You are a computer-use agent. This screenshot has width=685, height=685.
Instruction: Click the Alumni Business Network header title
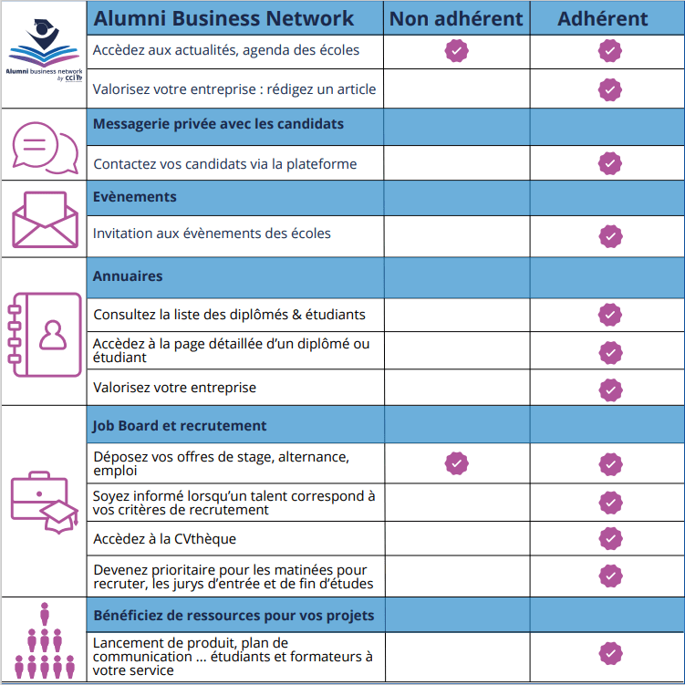point(223,18)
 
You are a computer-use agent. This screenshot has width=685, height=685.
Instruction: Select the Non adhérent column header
point(456,18)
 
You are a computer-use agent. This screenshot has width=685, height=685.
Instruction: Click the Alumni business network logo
point(43,50)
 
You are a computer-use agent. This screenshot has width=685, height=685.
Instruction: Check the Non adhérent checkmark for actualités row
point(456,51)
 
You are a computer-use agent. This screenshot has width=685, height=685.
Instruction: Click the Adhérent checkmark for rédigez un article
point(609,89)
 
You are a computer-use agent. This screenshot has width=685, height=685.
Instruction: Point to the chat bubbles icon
point(44,146)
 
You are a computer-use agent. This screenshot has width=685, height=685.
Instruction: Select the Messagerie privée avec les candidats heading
point(219,123)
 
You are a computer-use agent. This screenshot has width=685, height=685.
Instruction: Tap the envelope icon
point(44,219)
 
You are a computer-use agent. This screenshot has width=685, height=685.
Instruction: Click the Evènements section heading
point(135,196)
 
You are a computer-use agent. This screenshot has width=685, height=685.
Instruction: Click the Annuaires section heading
point(128,275)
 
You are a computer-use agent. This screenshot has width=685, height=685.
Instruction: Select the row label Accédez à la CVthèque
point(164,539)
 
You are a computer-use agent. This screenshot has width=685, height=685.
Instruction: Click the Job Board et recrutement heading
point(180,425)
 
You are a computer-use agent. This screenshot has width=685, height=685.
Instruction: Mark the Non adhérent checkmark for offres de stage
point(456,463)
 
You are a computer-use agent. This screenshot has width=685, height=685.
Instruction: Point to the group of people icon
point(44,640)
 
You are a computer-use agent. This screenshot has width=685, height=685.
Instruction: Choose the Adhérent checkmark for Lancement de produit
point(609,653)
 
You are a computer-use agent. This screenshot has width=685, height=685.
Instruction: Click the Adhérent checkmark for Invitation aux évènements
point(609,236)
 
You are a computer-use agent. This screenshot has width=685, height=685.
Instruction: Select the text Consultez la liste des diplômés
point(229,315)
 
